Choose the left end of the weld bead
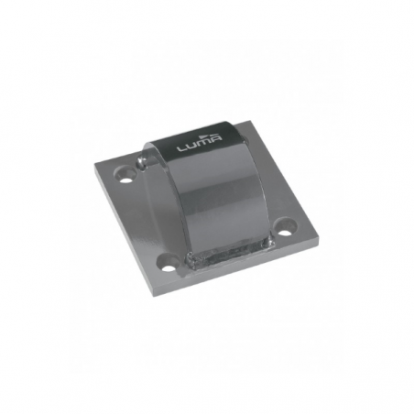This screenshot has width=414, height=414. coord(189,266)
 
